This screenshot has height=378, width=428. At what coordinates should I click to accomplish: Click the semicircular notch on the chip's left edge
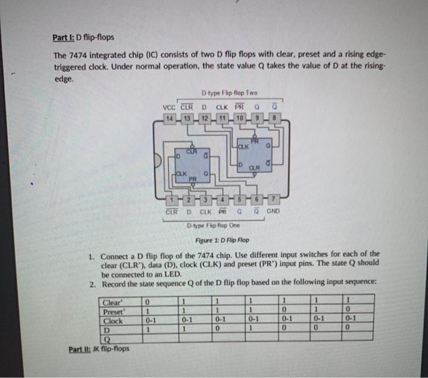coord(160,160)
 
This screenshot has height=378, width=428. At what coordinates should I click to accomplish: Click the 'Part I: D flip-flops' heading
coord(82,37)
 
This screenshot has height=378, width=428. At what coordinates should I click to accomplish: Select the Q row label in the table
coord(108,340)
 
